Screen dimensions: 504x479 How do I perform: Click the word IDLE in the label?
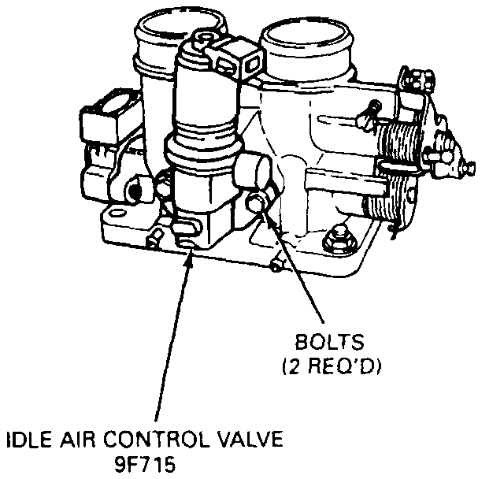click(24, 437)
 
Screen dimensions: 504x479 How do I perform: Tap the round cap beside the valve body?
click(254, 169)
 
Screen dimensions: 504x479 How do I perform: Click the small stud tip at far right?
click(471, 168)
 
